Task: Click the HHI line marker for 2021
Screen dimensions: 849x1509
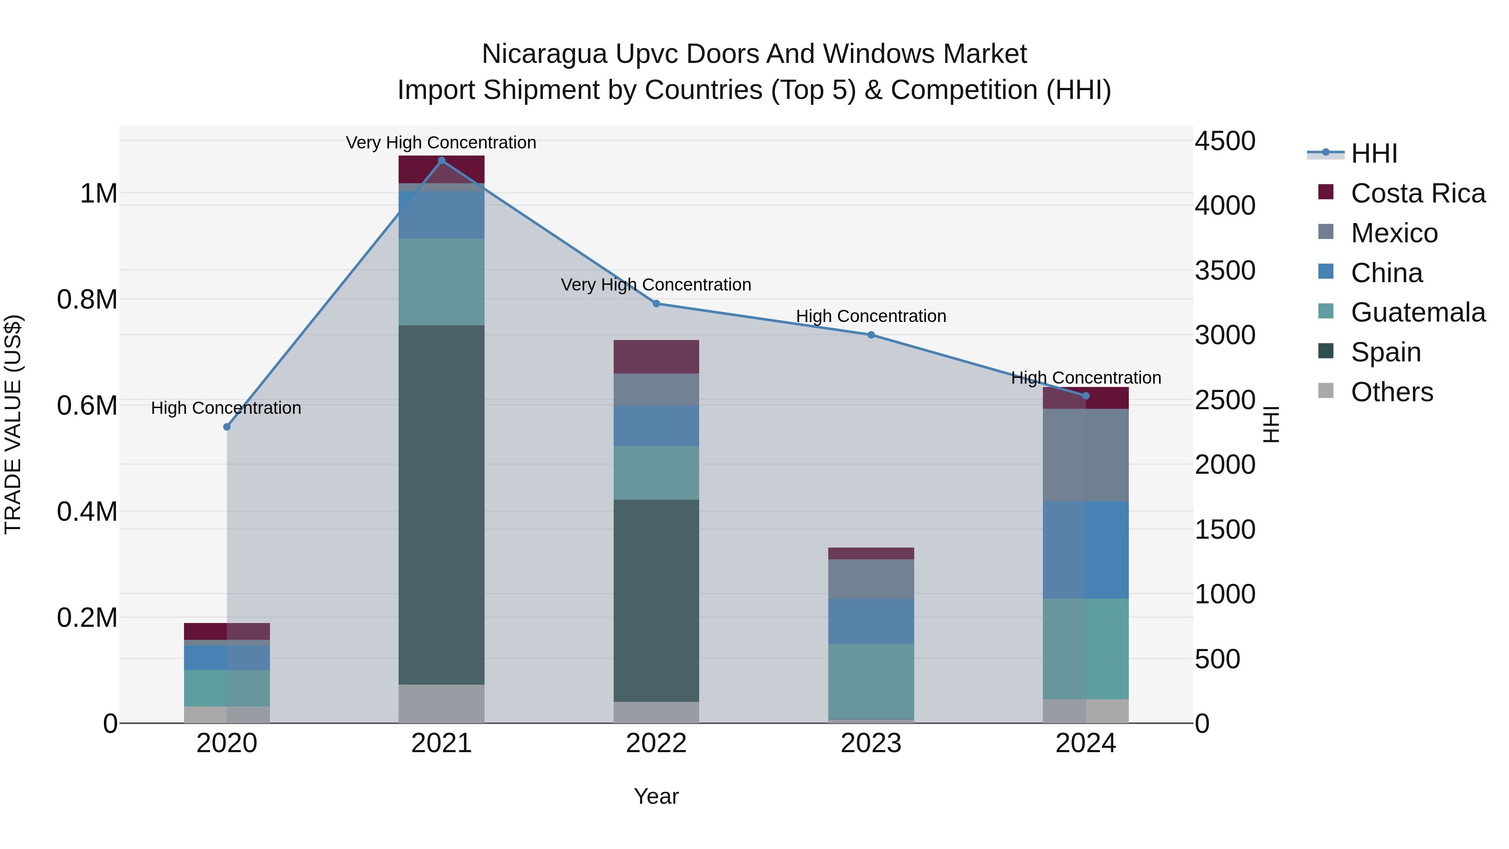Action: [442, 161]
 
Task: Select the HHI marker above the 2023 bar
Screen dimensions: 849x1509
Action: [871, 335]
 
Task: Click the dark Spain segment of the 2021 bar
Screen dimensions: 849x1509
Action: [442, 504]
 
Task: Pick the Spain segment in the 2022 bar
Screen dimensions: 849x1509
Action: [656, 600]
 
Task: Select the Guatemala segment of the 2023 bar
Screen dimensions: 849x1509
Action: [871, 681]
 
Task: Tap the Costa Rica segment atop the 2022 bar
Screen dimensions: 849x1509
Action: [656, 356]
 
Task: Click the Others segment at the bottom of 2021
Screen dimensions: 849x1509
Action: [442, 703]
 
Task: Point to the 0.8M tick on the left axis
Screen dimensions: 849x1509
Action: [87, 299]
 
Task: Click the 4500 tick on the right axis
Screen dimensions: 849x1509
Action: [1225, 141]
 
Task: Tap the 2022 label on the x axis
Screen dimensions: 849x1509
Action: [656, 743]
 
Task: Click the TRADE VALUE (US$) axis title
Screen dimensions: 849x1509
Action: [13, 424]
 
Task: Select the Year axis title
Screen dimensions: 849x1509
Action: [656, 796]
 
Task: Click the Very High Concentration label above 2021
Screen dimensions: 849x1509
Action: [441, 143]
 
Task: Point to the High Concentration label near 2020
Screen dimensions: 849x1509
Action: [226, 408]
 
